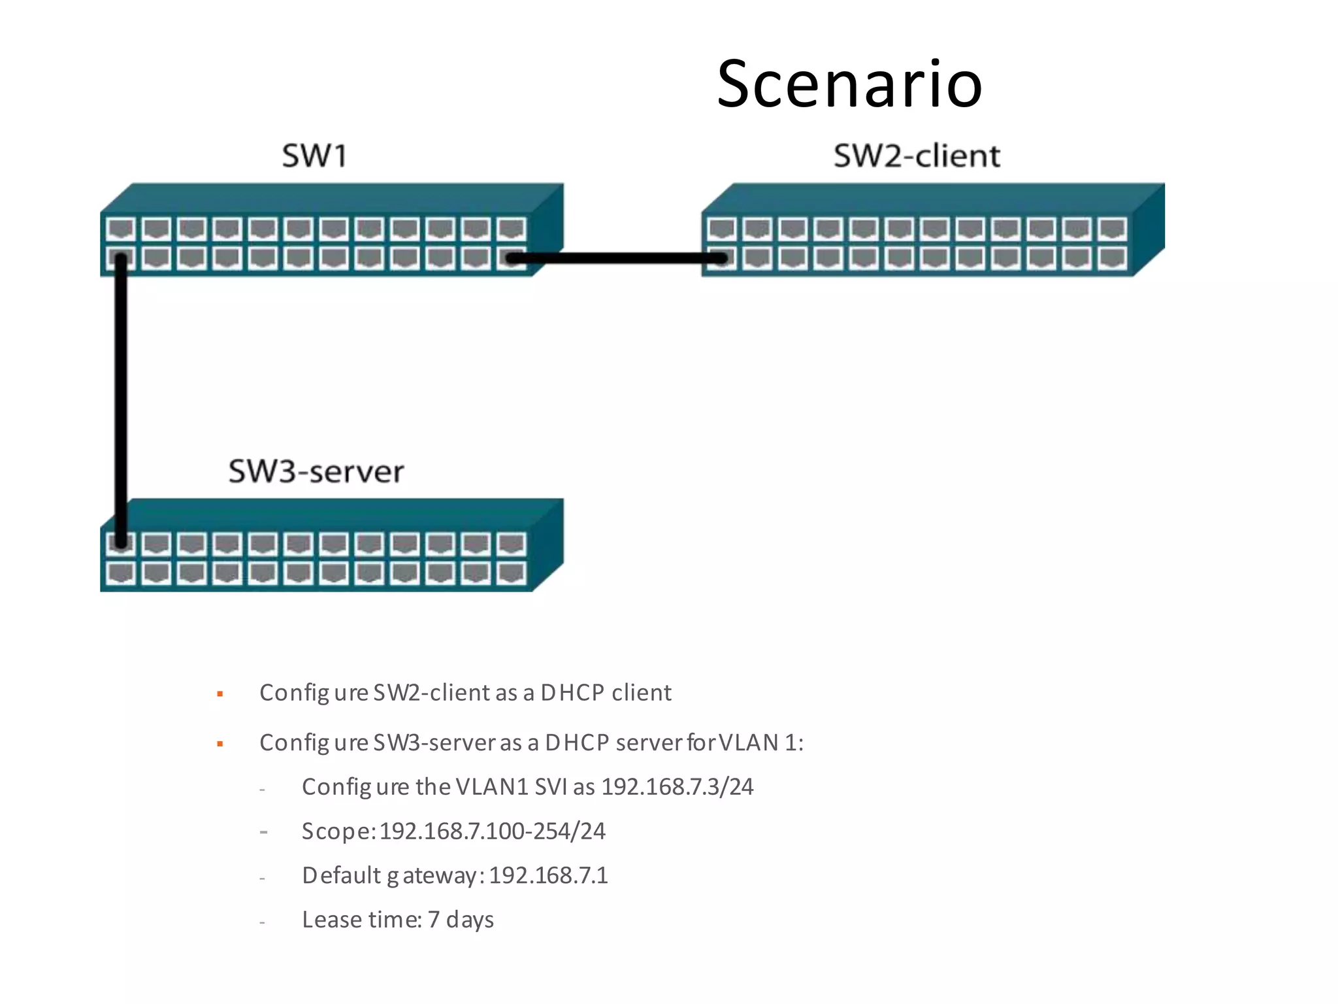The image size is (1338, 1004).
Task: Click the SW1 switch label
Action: [314, 156]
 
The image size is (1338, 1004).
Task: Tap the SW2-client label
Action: [916, 156]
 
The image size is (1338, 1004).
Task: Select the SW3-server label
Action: [316, 471]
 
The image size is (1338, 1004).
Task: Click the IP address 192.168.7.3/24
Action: [677, 786]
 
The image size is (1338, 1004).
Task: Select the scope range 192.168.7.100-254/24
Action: [492, 831]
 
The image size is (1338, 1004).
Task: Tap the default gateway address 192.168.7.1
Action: [548, 875]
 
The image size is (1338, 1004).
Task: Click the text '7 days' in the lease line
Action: [461, 920]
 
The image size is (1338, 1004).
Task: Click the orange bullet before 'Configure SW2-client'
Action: [220, 694]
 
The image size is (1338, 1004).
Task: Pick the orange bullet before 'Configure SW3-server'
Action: [220, 744]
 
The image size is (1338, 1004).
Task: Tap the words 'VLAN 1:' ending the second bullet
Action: [761, 743]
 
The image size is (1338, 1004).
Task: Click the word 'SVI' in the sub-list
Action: [551, 786]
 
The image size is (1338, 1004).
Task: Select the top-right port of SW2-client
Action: [1111, 229]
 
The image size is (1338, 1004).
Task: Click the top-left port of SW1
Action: [121, 229]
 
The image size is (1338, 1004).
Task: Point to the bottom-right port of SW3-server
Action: [511, 573]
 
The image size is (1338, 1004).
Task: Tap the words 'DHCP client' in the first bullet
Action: [606, 692]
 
